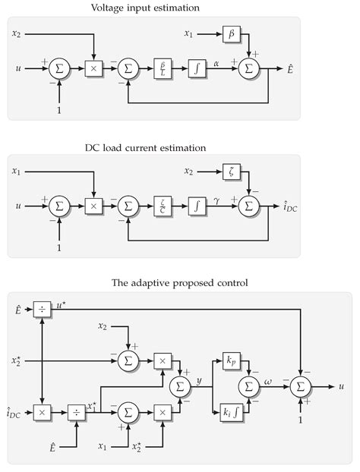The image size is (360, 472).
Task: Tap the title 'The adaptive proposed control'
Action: [179, 283]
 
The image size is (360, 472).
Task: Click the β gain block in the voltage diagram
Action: [232, 33]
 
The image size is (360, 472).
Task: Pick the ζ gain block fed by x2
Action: [232, 172]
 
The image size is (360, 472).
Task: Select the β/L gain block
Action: [163, 68]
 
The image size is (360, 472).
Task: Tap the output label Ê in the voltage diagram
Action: [291, 69]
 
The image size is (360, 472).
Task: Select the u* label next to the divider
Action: [62, 305]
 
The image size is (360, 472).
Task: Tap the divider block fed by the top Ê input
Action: [41, 309]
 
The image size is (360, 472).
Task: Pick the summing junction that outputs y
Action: [180, 386]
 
